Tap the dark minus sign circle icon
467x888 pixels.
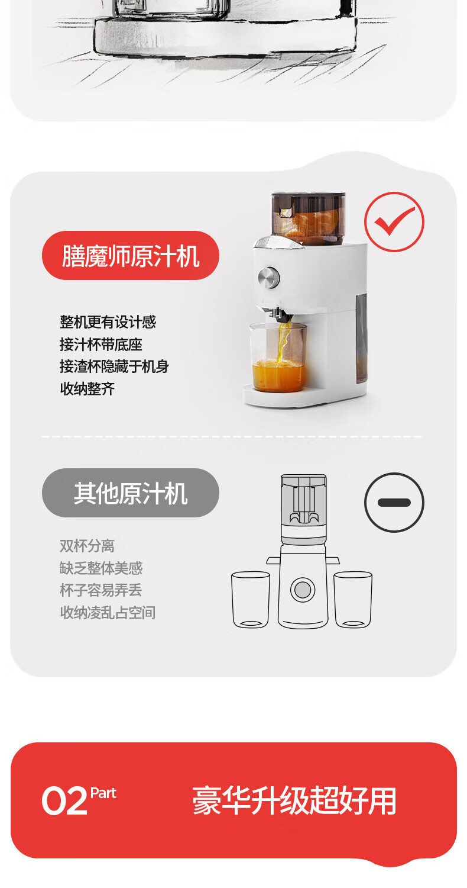[394, 502]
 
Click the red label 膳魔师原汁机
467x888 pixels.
[130, 256]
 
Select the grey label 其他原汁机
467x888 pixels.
[130, 493]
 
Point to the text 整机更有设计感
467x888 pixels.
[108, 322]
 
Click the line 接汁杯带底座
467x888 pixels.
[101, 344]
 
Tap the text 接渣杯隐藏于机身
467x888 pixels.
[114, 366]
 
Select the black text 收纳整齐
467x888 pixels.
[87, 388]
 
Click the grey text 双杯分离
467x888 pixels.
[87, 546]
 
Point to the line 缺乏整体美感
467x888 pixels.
[101, 568]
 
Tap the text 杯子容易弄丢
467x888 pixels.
[101, 590]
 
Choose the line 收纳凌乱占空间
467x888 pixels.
[108, 613]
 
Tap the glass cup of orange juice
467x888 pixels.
[278, 358]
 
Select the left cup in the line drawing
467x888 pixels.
[251, 599]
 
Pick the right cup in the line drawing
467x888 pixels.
[353, 599]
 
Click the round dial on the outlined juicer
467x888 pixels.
[303, 590]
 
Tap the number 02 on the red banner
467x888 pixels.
[64, 801]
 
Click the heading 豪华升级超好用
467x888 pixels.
[294, 800]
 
